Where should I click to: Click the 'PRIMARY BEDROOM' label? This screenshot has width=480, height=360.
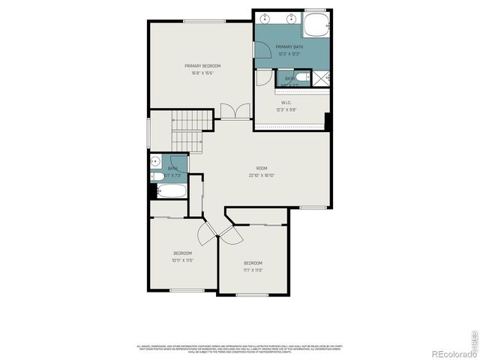point(202,66)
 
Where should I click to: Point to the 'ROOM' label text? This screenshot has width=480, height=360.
point(262,168)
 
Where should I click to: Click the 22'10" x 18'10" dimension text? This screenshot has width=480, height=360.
point(262,175)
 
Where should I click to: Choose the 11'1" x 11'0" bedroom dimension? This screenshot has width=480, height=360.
point(253,270)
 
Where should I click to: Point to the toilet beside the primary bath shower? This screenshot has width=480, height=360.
point(301,77)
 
